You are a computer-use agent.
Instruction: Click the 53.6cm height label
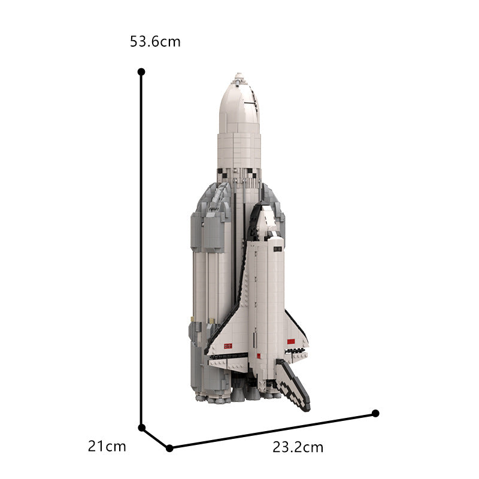click(x=155, y=42)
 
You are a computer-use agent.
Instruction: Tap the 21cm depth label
click(x=107, y=446)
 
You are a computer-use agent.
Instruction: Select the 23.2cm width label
click(x=298, y=447)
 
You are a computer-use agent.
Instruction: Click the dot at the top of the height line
click(x=141, y=71)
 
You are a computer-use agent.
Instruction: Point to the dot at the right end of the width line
click(x=375, y=413)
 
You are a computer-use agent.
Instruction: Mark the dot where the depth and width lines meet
click(x=169, y=447)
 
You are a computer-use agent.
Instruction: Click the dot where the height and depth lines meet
click(x=142, y=428)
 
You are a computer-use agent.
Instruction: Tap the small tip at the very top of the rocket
click(x=239, y=75)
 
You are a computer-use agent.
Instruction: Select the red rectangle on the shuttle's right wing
click(x=292, y=341)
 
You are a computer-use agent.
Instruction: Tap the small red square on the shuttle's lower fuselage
click(x=260, y=357)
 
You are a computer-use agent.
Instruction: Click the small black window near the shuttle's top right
click(x=277, y=247)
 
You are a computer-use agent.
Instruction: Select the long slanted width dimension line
click(x=272, y=431)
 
